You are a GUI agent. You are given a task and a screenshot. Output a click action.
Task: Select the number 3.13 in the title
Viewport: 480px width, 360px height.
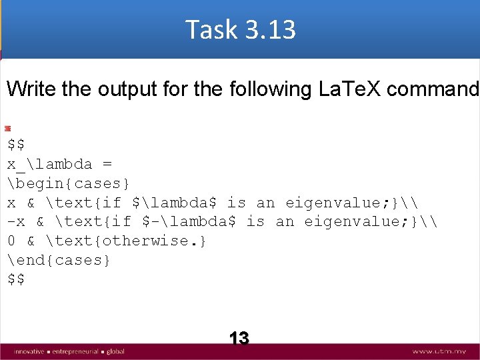tap(269, 30)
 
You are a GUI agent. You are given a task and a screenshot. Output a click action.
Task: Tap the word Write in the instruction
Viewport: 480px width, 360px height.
tap(31, 89)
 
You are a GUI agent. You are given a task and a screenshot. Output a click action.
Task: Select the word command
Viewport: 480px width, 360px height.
tap(436, 89)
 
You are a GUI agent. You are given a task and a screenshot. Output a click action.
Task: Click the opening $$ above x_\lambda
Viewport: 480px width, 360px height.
tap(17, 144)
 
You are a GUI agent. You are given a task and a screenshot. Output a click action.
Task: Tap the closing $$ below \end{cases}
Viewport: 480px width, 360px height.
tap(17, 279)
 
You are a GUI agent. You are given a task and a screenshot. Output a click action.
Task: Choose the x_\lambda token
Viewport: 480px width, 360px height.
tap(50, 163)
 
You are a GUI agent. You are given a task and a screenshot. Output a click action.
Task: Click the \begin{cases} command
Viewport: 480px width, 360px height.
tap(69, 183)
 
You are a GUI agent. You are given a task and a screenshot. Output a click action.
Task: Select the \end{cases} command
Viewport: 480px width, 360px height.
tap(59, 260)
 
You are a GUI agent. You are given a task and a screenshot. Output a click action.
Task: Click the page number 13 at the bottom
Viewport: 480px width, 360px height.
tap(239, 338)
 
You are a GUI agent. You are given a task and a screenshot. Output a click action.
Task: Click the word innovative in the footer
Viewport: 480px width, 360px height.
tap(27, 351)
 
